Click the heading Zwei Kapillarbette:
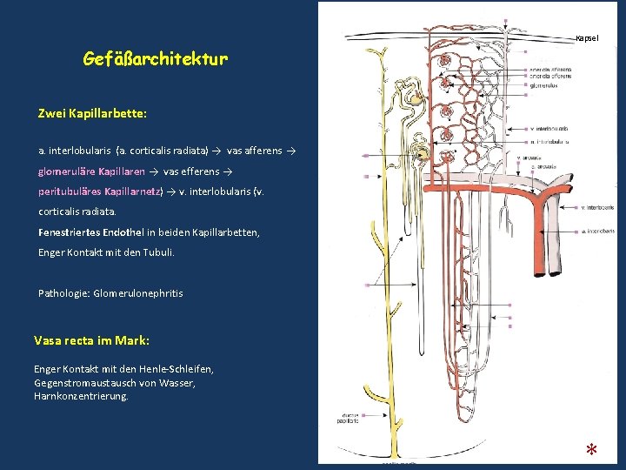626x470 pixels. (x=92, y=113)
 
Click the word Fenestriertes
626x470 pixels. (x=69, y=232)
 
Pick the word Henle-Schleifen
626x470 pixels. (x=180, y=369)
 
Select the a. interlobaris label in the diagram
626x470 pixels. (x=598, y=232)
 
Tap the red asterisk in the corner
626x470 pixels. (x=590, y=450)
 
